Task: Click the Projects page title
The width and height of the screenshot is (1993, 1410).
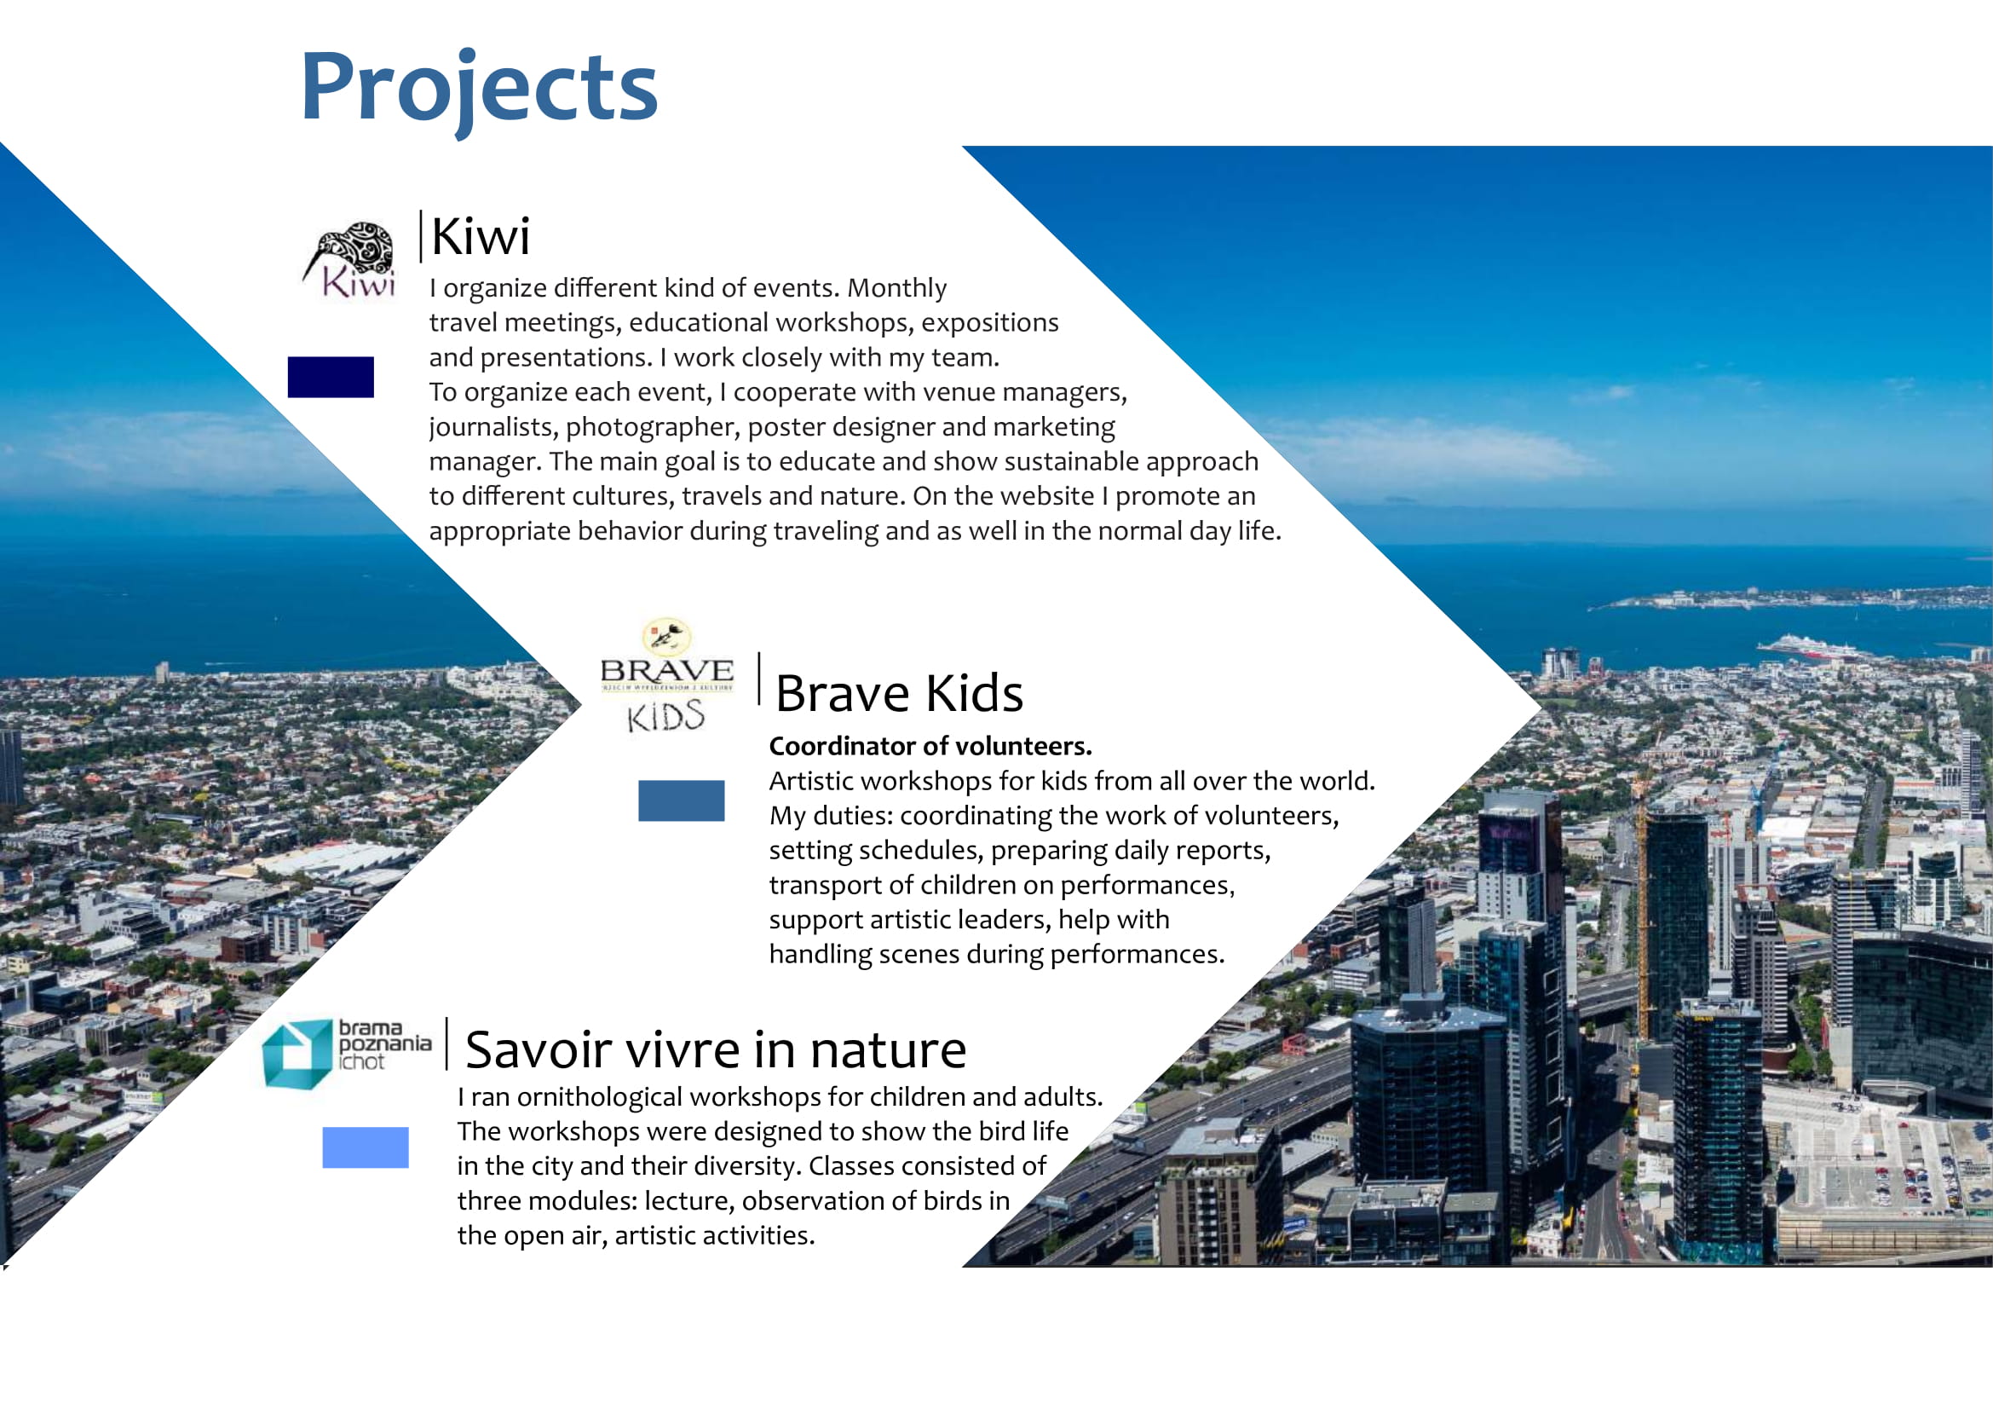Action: pyautogui.click(x=478, y=90)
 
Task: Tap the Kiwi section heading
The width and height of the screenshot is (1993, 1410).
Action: pyautogui.click(x=480, y=235)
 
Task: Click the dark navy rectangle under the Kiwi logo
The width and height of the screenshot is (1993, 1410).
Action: pyautogui.click(x=331, y=377)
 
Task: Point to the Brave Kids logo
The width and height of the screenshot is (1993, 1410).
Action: pyautogui.click(x=666, y=675)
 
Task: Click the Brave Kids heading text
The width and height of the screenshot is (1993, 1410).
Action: pyautogui.click(x=899, y=693)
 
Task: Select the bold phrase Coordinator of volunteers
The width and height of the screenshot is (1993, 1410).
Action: pyautogui.click(x=930, y=746)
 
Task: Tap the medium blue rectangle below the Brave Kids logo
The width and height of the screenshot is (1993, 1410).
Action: pyautogui.click(x=682, y=800)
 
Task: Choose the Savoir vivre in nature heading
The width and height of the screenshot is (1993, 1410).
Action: pyautogui.click(x=715, y=1049)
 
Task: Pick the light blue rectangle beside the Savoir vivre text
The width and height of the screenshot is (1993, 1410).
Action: pyautogui.click(x=366, y=1147)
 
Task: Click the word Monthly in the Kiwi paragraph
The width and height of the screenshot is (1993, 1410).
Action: pyautogui.click(x=896, y=288)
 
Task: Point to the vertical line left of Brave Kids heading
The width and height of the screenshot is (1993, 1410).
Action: pyautogui.click(x=759, y=679)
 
